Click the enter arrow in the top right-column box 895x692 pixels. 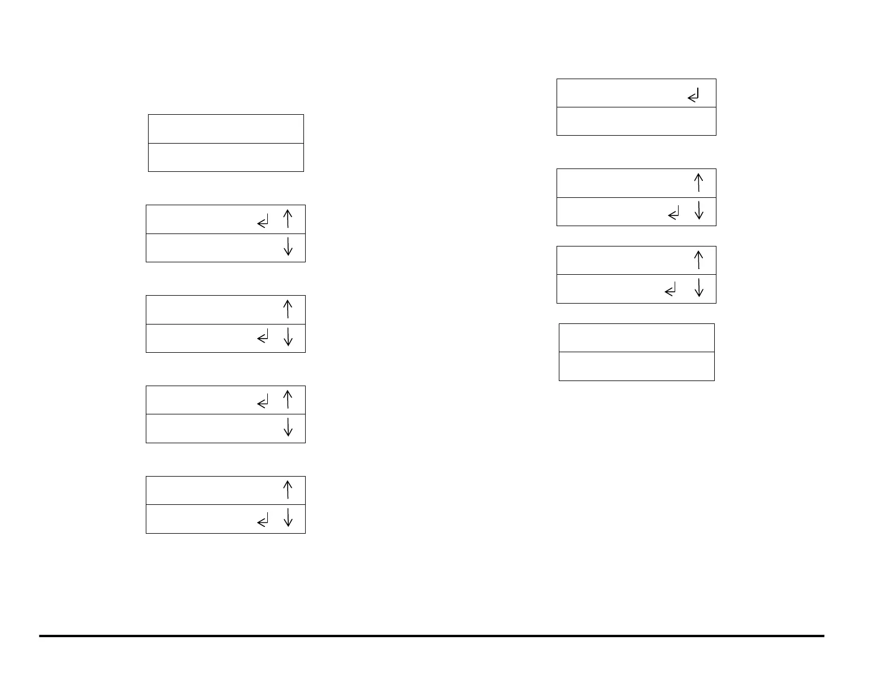pos(694,96)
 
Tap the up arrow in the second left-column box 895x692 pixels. pos(288,219)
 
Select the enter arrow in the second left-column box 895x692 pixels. pos(263,222)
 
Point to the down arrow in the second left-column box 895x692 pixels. pos(288,247)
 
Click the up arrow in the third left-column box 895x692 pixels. pos(288,309)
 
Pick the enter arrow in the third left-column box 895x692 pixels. pos(263,338)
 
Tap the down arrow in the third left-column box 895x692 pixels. pos(288,337)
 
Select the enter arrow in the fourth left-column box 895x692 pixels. pos(263,403)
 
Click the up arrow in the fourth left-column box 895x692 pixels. pos(288,399)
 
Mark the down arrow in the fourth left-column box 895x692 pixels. pos(288,427)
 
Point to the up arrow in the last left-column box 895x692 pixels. pos(288,490)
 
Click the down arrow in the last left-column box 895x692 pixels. pos(288,518)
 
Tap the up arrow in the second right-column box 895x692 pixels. pos(698,183)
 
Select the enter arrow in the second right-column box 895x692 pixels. pos(674,214)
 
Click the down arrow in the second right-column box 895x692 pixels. pos(698,211)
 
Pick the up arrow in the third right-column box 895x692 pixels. pos(698,260)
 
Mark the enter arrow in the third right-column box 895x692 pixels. pos(671,291)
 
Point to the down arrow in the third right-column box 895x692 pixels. pos(698,288)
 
